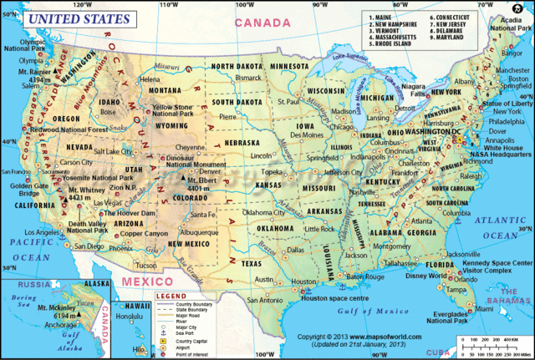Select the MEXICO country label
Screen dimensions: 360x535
click(x=142, y=283)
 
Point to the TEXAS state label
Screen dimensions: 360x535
click(x=251, y=262)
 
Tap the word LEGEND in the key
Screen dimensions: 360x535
click(x=171, y=296)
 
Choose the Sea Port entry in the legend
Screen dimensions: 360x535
click(x=172, y=324)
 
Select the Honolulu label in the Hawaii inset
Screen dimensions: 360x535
click(x=130, y=317)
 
